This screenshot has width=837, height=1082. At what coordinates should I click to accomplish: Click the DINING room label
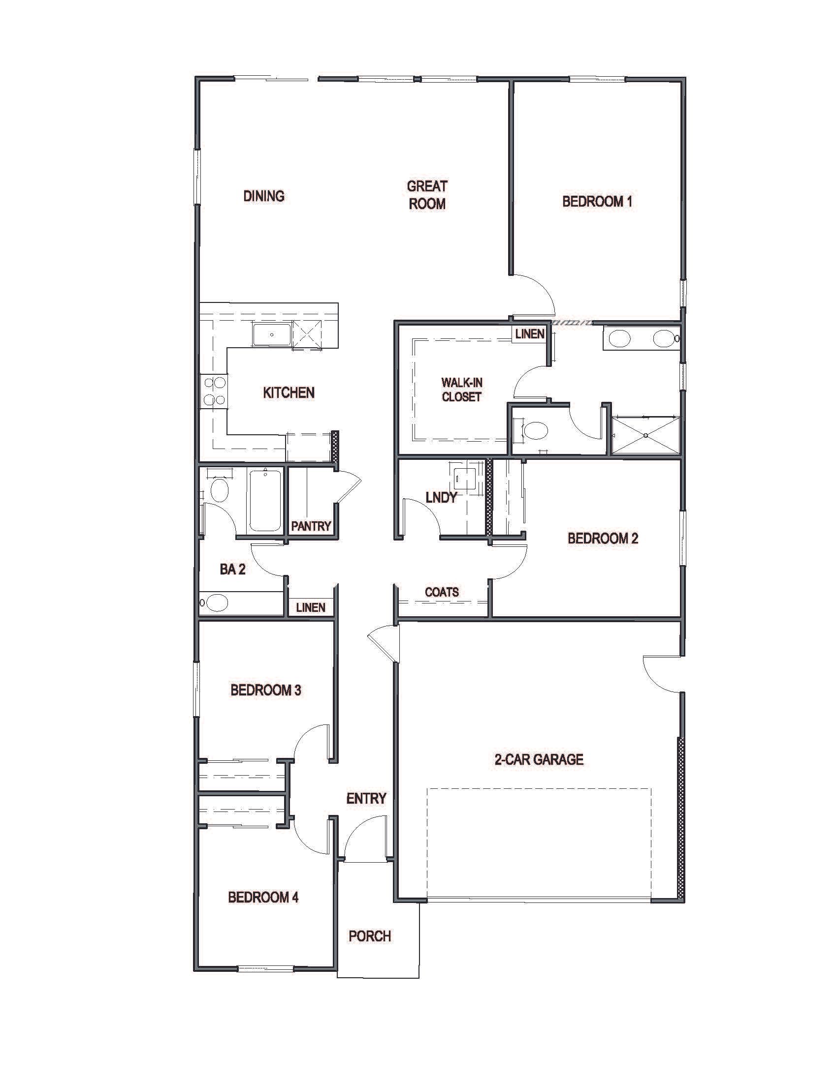[264, 196]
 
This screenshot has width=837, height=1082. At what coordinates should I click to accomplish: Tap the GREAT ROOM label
[427, 195]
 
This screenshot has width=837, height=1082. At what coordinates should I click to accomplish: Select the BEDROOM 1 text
[597, 201]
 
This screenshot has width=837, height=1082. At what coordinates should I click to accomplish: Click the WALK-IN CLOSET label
[461, 390]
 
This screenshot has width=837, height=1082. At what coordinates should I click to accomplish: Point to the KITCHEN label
[289, 393]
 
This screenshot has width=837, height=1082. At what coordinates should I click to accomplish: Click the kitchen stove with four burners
[214, 391]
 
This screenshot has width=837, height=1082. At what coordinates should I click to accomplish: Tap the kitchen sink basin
[272, 335]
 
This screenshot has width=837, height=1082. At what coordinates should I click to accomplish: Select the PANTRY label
[311, 526]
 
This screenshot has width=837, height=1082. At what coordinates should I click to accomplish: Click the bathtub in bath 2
[265, 500]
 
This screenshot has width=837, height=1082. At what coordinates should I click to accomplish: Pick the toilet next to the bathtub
[219, 490]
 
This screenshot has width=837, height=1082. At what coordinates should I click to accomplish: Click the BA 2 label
[232, 569]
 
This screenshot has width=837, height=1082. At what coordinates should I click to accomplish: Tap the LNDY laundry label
[441, 497]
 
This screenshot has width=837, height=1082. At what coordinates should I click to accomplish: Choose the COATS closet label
[442, 592]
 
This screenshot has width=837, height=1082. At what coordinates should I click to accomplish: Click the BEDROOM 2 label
[603, 538]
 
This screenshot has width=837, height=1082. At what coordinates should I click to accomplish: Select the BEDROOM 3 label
[265, 690]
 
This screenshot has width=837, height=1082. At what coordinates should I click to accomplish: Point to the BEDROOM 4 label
[263, 897]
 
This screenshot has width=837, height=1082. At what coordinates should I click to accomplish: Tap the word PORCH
[370, 936]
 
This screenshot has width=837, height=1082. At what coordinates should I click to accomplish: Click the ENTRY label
[366, 798]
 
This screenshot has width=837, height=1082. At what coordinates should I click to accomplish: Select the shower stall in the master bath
[645, 435]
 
